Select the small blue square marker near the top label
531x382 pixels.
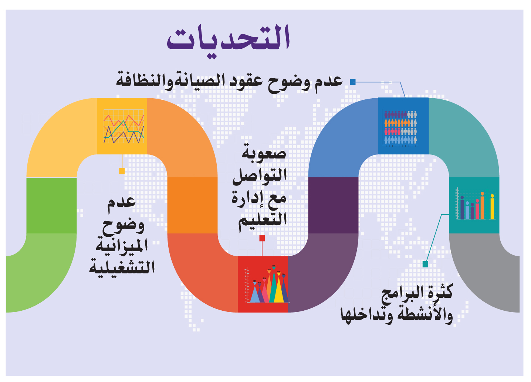[353, 82]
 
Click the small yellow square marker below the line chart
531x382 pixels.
[122, 171]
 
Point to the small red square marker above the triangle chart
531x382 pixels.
[262, 238]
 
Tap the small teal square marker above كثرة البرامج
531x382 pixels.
[425, 264]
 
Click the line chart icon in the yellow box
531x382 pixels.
[124, 126]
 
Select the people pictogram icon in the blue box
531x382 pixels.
[401, 127]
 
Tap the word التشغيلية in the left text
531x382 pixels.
[122, 267]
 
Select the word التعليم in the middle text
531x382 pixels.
[263, 221]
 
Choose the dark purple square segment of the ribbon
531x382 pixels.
[333, 205]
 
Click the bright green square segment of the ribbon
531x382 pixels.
[51, 205]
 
